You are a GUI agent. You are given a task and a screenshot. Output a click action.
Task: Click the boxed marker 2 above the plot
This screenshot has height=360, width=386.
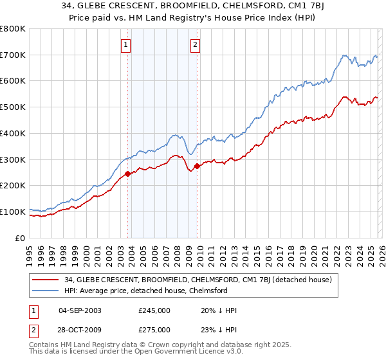(194, 44)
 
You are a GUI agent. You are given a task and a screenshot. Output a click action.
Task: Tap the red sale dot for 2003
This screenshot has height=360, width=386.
(128, 174)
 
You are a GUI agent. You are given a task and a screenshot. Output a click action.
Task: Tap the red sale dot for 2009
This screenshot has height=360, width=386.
(198, 166)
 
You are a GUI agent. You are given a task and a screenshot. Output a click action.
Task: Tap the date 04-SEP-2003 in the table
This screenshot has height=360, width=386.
(80, 310)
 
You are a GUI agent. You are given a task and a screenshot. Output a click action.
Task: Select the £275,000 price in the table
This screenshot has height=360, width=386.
(154, 329)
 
